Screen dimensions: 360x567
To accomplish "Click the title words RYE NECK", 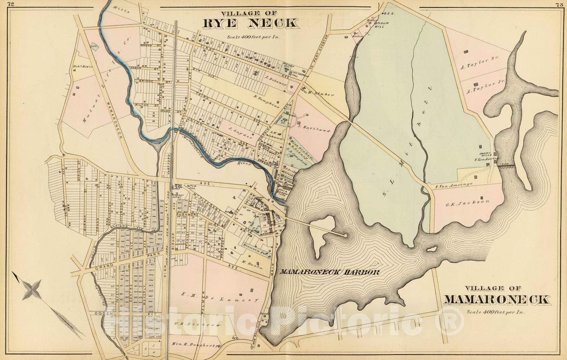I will click(x=250, y=22).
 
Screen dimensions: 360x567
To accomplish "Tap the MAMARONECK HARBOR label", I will click(x=330, y=272).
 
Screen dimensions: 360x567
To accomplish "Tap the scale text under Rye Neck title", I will click(x=249, y=36).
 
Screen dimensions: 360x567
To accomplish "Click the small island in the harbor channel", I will click(x=431, y=249).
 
